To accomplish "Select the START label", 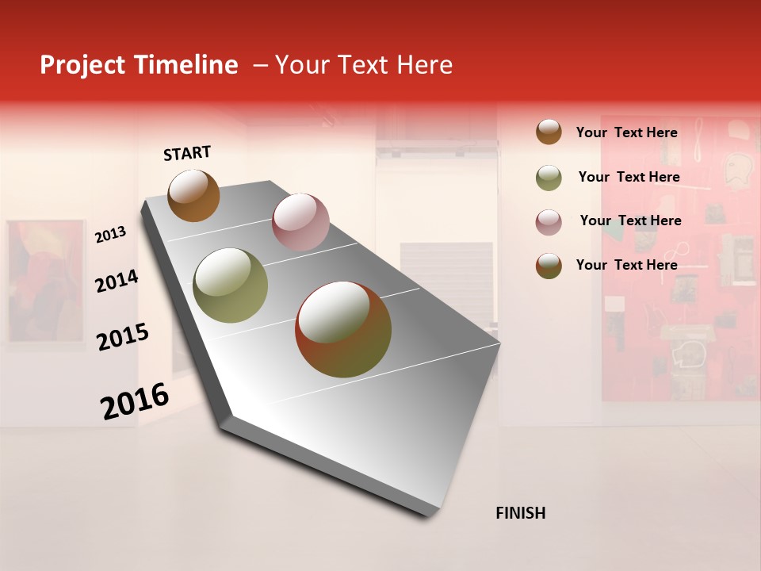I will coord(187,153).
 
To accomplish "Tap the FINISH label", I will coord(520,513).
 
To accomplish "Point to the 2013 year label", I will coord(110,235).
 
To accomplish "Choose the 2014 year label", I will coord(117,281).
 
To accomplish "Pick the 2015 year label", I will coord(123,336).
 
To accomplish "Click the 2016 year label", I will coord(135,400).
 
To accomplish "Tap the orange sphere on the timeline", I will coord(193,195).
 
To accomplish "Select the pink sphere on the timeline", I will coord(300,221).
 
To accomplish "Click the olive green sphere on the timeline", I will coord(230,285).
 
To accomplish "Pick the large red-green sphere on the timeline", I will coord(343,329).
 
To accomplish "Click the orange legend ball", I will coord(549,132).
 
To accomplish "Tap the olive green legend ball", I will coord(549,178).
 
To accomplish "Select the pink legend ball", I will coord(549,222).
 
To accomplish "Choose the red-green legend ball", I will coord(549,266).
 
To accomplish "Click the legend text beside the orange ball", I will coord(626,132).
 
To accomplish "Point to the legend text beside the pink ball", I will coord(630,220).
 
